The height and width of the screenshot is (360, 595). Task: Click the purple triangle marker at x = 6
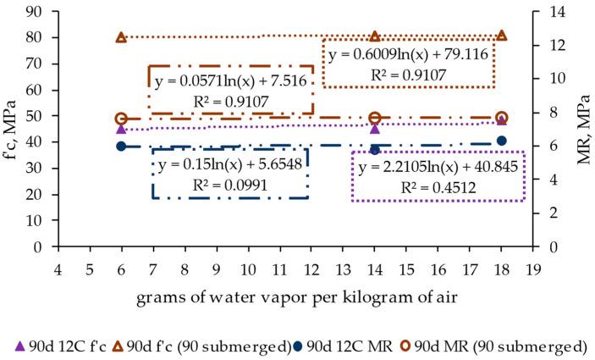pos(121,129)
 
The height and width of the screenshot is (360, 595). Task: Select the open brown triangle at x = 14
pos(375,36)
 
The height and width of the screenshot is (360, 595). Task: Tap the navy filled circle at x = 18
pos(502,141)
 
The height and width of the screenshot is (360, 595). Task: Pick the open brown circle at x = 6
pos(121,119)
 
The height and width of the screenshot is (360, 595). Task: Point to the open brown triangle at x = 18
pos(502,36)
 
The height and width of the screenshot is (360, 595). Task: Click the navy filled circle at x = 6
pos(121,146)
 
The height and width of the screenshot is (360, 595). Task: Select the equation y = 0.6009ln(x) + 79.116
pos(409,54)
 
